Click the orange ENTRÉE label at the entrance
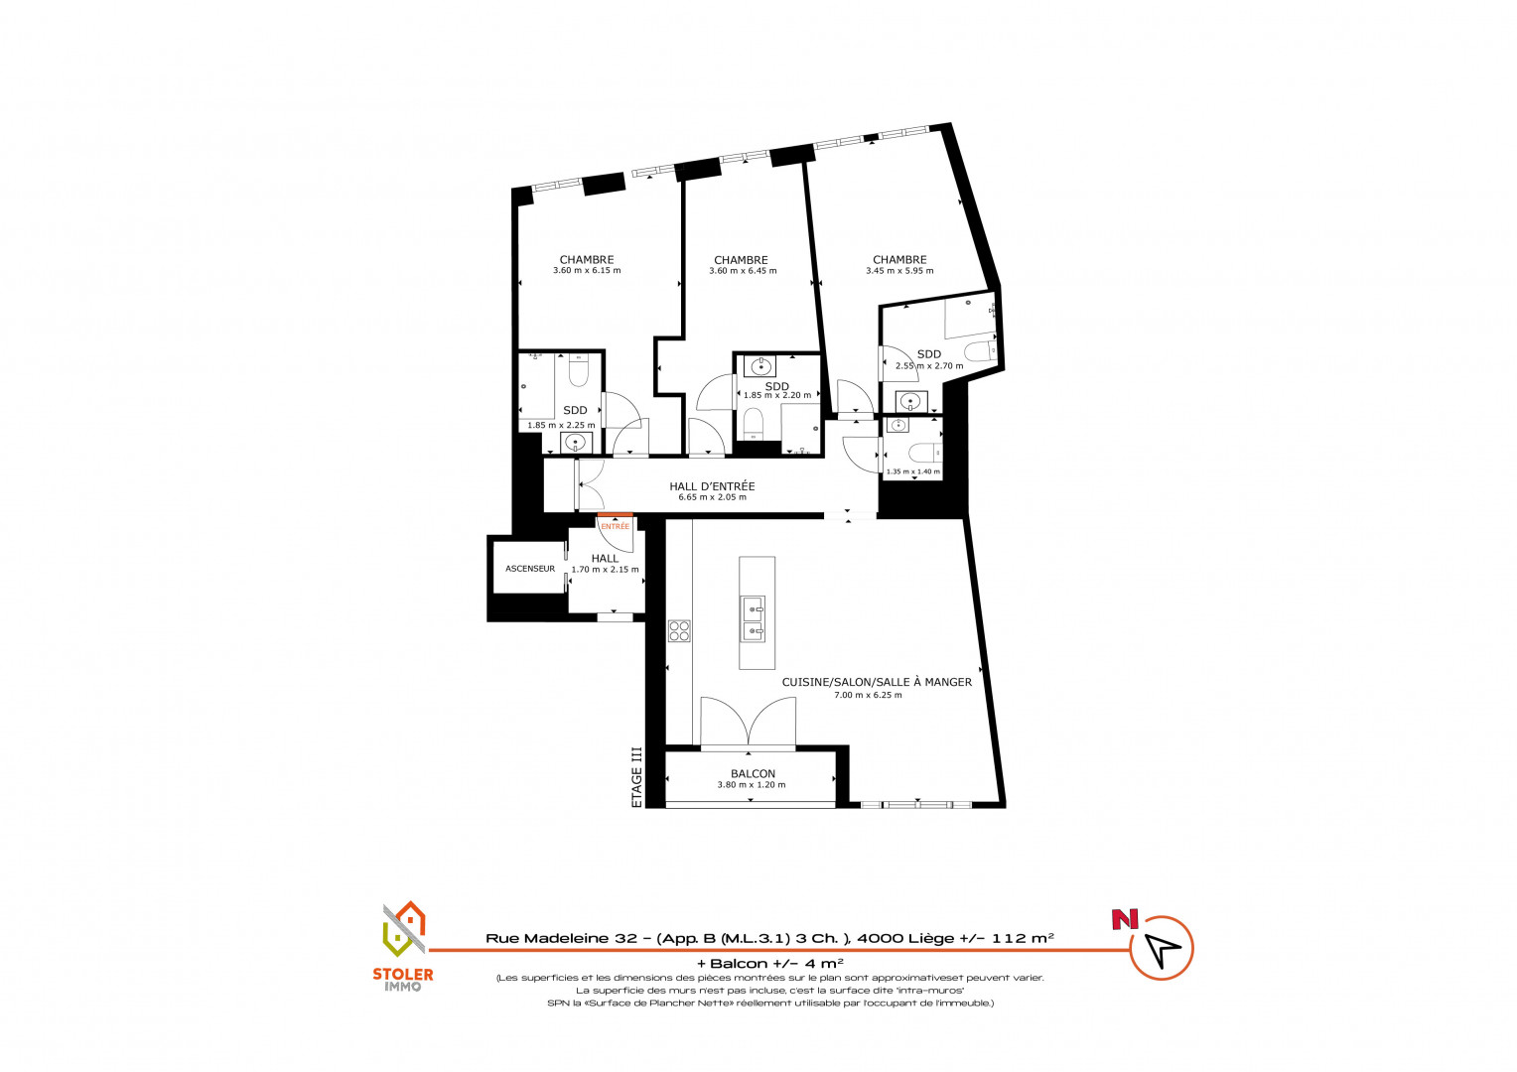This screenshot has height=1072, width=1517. (x=615, y=526)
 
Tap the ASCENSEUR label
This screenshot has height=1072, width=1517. (x=530, y=569)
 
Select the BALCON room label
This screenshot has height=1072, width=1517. (x=754, y=773)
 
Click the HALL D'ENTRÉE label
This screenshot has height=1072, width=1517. (x=712, y=486)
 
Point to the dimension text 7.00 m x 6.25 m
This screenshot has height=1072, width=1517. (x=868, y=695)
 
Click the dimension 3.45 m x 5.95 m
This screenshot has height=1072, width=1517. (x=899, y=271)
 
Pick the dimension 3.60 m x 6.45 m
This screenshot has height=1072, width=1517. (x=743, y=271)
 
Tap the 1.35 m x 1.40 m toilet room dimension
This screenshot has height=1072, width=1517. (x=913, y=471)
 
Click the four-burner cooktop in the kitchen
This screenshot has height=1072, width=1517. (x=679, y=630)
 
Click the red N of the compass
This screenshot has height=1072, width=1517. (x=1125, y=919)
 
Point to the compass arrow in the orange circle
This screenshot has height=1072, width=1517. (x=1162, y=950)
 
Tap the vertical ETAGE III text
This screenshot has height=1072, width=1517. (x=636, y=777)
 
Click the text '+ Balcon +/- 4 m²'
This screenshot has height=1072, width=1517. (x=770, y=963)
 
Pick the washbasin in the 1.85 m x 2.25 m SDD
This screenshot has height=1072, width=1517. (x=575, y=444)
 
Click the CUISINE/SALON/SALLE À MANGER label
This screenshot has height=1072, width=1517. (x=877, y=682)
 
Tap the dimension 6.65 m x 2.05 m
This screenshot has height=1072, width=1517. (x=713, y=497)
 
